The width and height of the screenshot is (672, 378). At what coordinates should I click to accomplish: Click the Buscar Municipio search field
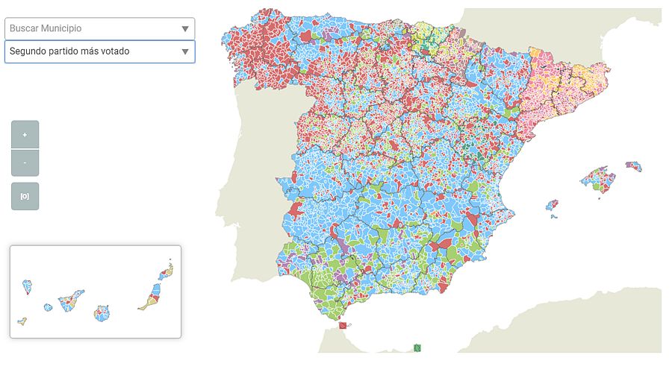(90, 28)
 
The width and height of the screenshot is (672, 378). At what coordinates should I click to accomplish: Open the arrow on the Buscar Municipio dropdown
(185, 29)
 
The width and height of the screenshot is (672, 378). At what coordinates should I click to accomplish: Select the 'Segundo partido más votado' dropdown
(90, 51)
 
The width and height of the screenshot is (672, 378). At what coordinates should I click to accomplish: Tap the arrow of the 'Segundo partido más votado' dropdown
(185, 52)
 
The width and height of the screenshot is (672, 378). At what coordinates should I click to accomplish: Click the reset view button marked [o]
(25, 196)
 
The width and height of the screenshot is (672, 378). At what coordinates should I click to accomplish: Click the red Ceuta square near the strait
(343, 325)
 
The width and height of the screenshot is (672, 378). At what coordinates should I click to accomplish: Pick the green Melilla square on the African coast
(418, 347)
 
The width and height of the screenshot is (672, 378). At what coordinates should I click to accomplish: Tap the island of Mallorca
(596, 178)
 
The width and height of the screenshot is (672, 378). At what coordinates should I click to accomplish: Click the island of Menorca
(634, 166)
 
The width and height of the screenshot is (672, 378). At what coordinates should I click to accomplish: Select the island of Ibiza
(552, 205)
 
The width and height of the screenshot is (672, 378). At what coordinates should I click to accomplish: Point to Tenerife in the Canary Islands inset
(71, 300)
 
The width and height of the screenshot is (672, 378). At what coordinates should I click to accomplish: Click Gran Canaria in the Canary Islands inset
(102, 312)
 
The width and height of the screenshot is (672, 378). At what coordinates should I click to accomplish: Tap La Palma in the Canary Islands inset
(28, 286)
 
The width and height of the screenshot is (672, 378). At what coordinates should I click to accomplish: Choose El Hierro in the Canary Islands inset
(22, 321)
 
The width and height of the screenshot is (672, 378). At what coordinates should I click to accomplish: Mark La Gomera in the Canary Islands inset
(49, 307)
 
